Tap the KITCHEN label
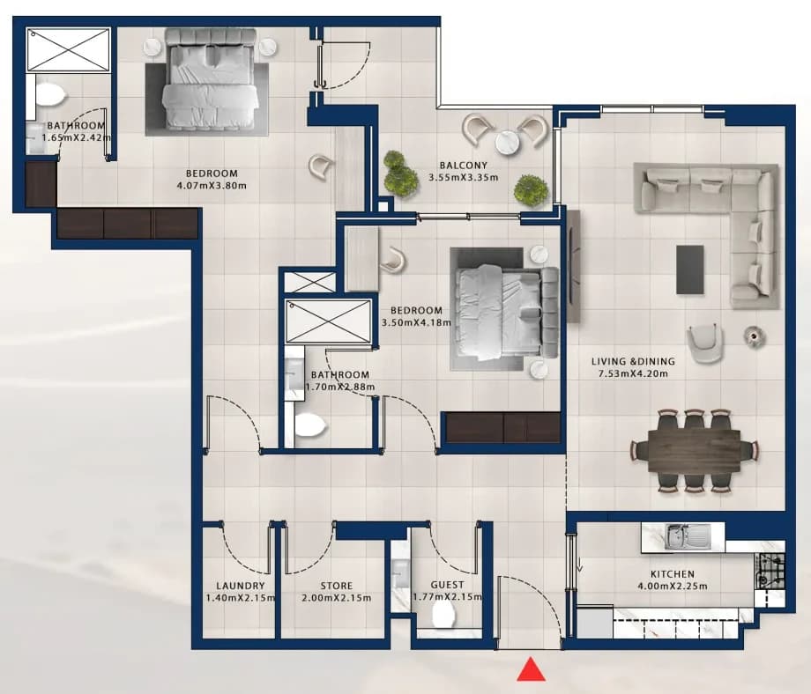click(x=673, y=574)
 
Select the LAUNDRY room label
click(x=241, y=586)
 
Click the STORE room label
click(x=336, y=586)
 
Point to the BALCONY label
click(x=464, y=166)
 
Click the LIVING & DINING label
click(x=633, y=362)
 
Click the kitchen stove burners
click(x=771, y=571)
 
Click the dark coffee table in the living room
click(x=690, y=269)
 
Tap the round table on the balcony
click(x=508, y=143)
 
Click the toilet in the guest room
click(x=443, y=615)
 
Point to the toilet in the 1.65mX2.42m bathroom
click(x=49, y=95)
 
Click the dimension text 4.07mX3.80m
click(x=211, y=186)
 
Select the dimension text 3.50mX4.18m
click(x=416, y=322)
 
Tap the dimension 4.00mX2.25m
click(x=673, y=587)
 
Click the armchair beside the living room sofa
click(x=704, y=343)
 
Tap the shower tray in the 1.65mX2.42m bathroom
click(x=68, y=49)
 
